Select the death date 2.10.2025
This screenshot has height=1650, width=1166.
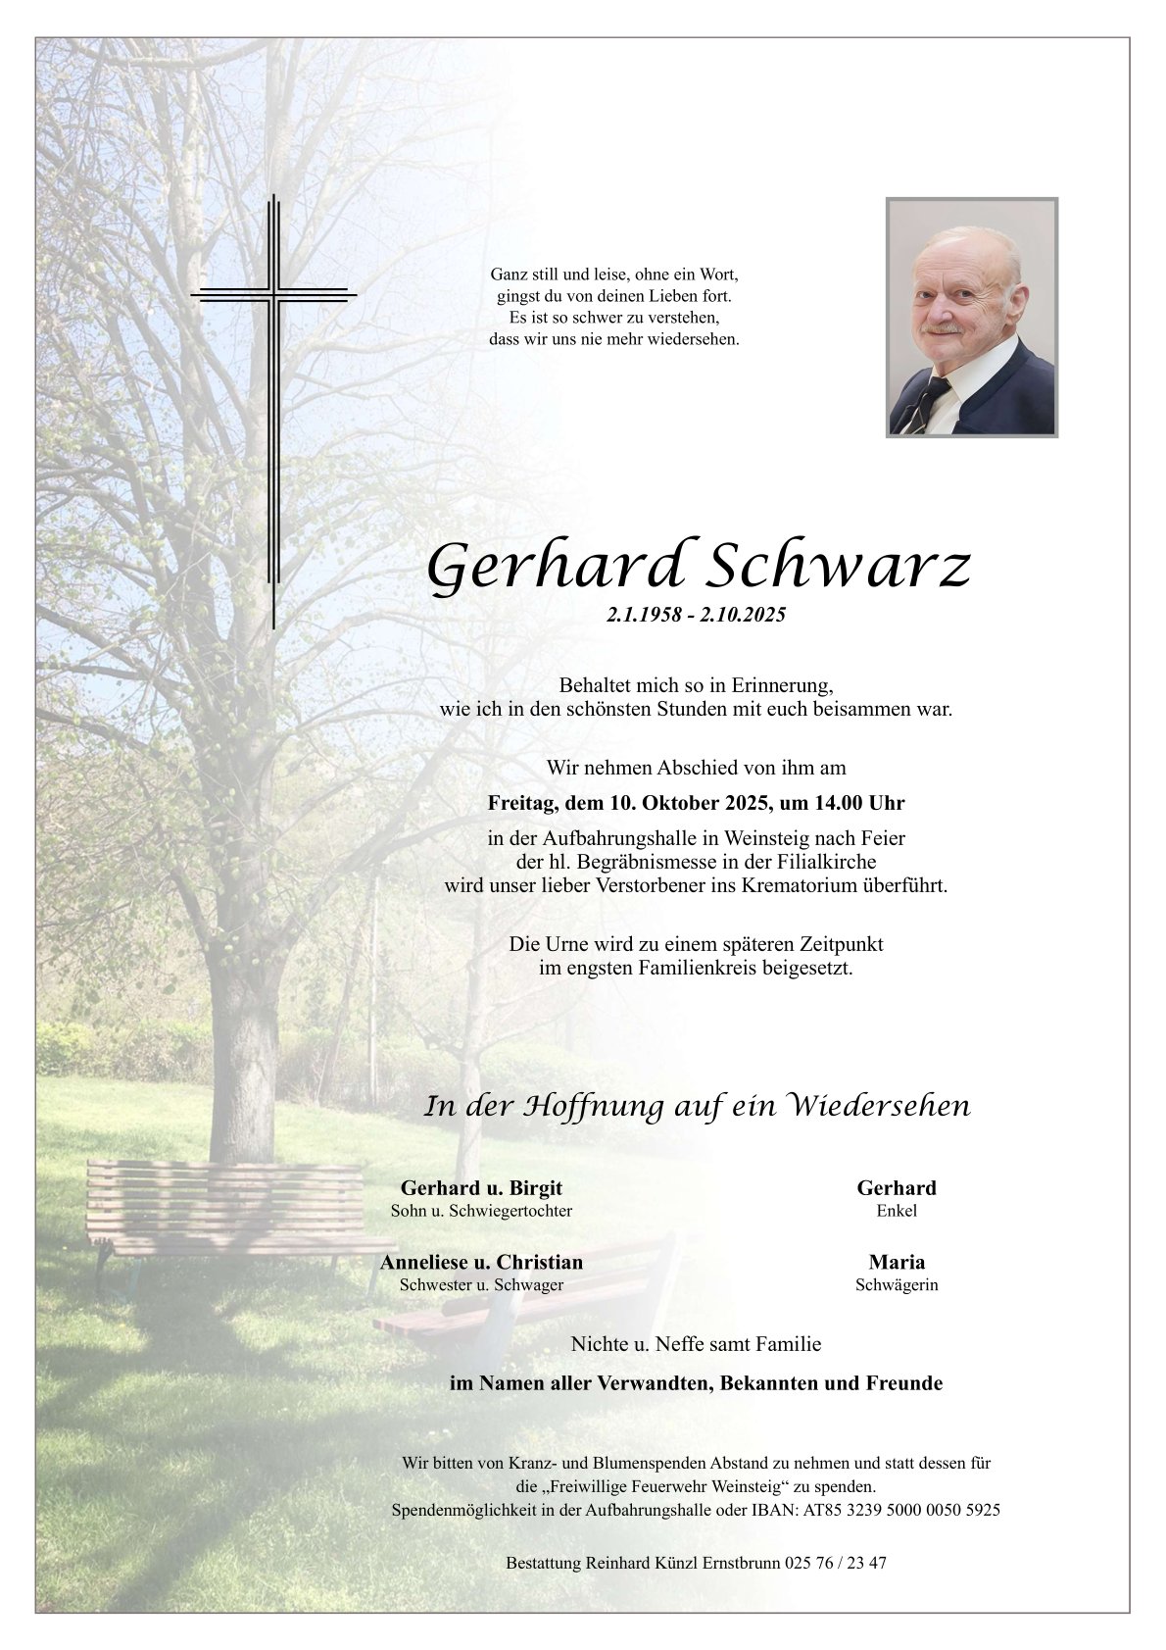(x=743, y=617)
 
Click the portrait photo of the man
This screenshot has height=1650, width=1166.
(x=971, y=317)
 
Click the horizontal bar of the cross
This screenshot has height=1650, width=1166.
(x=273, y=292)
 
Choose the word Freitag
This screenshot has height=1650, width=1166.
(x=522, y=803)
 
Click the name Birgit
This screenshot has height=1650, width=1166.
(x=531, y=1187)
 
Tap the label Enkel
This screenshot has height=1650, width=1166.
(x=897, y=1211)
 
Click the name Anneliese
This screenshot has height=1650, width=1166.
(x=426, y=1262)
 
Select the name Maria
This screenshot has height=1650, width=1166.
(x=897, y=1262)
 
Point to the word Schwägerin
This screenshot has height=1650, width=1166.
(x=897, y=1284)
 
